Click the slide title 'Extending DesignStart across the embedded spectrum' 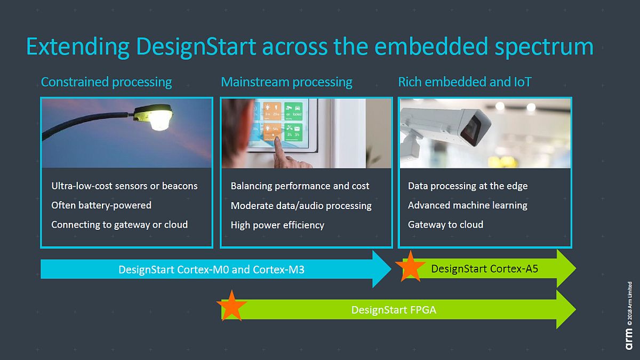point(309,47)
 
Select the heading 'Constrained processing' point(106,82)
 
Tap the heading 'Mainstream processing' point(286,82)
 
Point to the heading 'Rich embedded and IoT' point(465,82)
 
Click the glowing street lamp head point(155,116)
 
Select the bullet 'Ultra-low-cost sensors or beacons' point(124,186)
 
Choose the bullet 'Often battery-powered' point(101,205)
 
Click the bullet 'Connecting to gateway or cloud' point(119,225)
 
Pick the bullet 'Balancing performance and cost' point(300,186)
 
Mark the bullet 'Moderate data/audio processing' point(301,206)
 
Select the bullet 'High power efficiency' point(277,225)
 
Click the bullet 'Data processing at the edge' point(468,186)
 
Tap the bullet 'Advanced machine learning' point(467,205)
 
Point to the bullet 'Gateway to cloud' point(445,225)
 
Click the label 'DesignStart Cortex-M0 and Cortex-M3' point(211,269)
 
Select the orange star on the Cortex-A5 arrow point(410,266)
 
